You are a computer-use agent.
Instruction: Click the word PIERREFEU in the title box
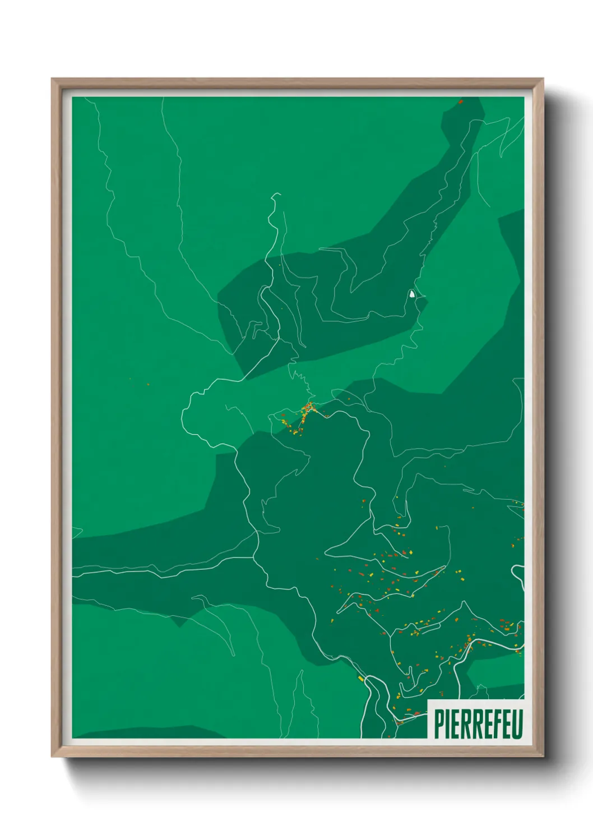[x=478, y=724]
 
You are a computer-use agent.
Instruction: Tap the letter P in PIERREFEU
[x=438, y=724]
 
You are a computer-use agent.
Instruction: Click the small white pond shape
[x=413, y=293]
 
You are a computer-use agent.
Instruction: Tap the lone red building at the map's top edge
[x=460, y=102]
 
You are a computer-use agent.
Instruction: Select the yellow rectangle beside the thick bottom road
[x=361, y=679]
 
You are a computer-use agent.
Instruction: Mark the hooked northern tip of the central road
[x=275, y=196]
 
